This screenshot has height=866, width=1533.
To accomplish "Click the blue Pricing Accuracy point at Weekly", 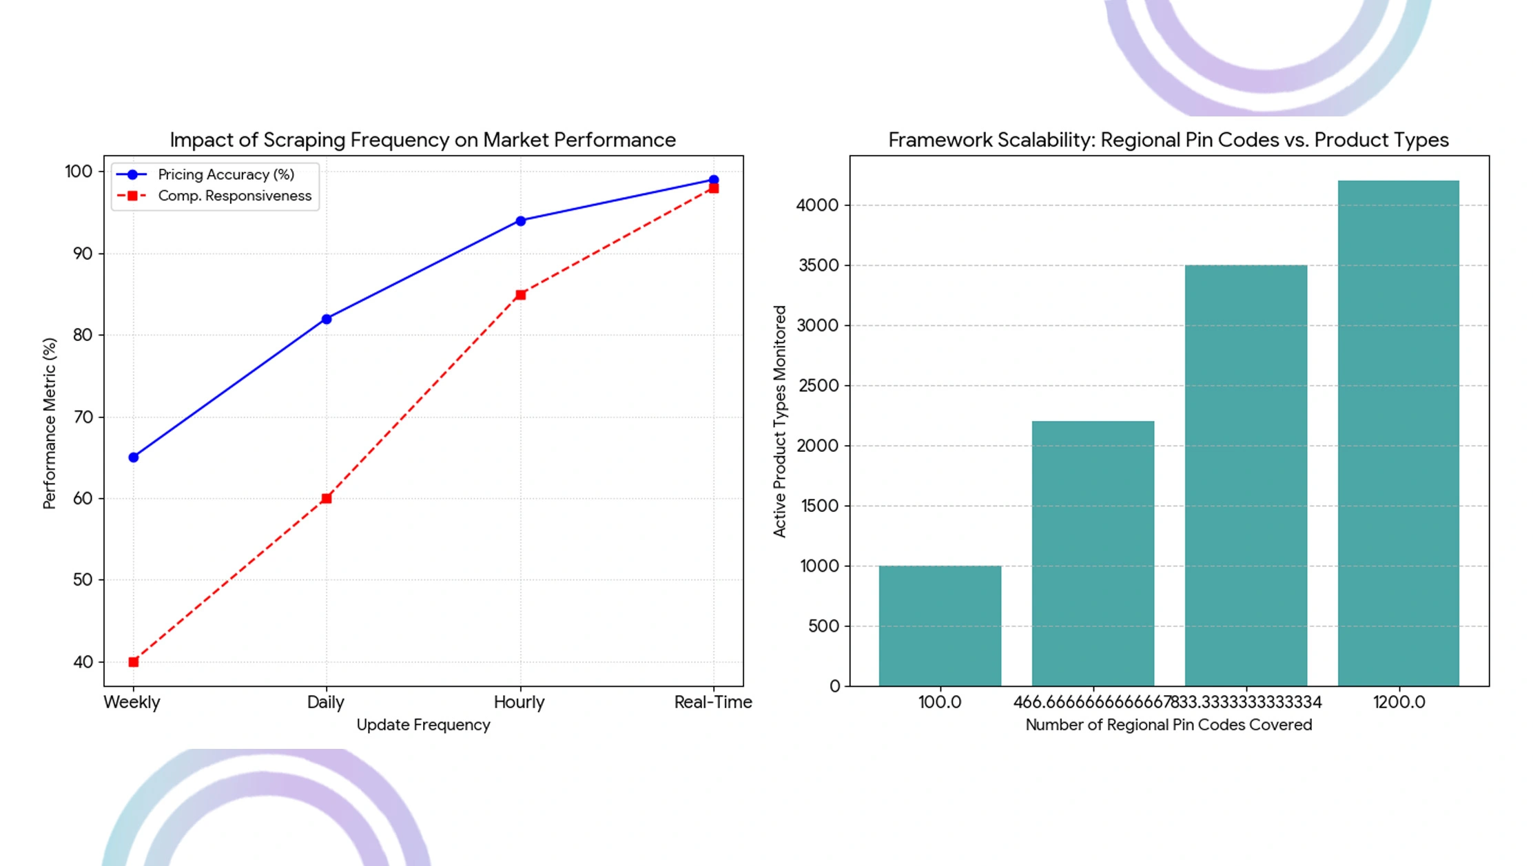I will click(134, 457).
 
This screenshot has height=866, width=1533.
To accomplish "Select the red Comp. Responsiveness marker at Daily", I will click(327, 498).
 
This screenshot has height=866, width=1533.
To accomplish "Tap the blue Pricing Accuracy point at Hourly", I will click(521, 221).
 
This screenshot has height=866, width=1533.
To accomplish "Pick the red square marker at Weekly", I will click(134, 662).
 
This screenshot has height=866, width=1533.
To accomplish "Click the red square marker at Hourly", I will click(521, 295).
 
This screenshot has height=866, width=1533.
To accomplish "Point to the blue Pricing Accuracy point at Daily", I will click(327, 319).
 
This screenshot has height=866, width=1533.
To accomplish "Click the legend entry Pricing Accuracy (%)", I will click(225, 175).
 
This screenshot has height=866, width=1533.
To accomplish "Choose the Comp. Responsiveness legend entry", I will click(234, 196).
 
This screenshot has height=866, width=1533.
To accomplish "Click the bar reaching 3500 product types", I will click(1246, 475).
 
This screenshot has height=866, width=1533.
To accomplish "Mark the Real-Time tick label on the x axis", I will click(713, 702).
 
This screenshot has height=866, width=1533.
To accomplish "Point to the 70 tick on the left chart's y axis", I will click(83, 417).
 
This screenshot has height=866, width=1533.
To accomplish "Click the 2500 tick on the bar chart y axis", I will click(819, 386).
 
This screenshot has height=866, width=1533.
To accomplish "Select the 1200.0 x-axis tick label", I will click(1399, 702).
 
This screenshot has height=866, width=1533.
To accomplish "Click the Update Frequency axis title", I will click(423, 725).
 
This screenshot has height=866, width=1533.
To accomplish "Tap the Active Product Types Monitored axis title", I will click(779, 421).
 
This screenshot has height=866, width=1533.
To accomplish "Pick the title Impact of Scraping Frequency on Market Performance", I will click(423, 140).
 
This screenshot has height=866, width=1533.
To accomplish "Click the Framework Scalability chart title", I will click(1169, 140).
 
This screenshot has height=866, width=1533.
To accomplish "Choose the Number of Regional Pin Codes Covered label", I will click(1169, 725).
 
